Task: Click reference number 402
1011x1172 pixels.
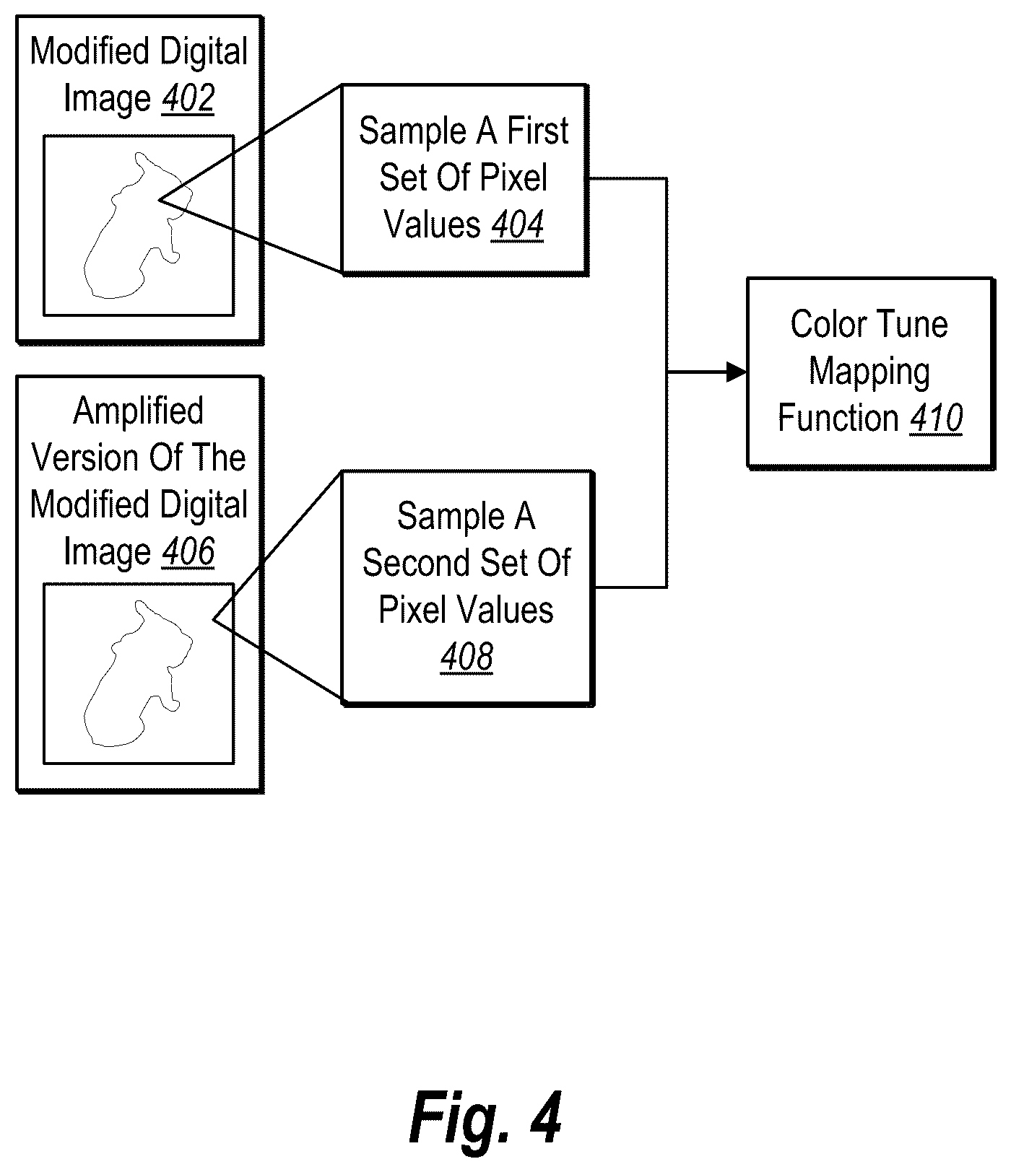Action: click(188, 99)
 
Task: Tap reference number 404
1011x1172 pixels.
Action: click(517, 224)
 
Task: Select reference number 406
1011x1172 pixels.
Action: click(188, 552)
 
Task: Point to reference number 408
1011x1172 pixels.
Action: click(467, 657)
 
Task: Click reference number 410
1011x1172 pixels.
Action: click(936, 419)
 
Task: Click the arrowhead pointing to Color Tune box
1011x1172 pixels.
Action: click(737, 372)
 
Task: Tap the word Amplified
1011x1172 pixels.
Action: click(139, 412)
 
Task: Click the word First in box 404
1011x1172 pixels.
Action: click(538, 131)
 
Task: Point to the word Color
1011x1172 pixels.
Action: click(824, 324)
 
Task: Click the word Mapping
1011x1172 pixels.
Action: click(869, 373)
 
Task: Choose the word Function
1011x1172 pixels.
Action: click(838, 419)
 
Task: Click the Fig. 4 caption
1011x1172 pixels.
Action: click(485, 1118)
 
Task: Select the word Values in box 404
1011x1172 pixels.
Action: click(432, 224)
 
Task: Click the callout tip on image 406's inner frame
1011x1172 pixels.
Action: click(213, 619)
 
